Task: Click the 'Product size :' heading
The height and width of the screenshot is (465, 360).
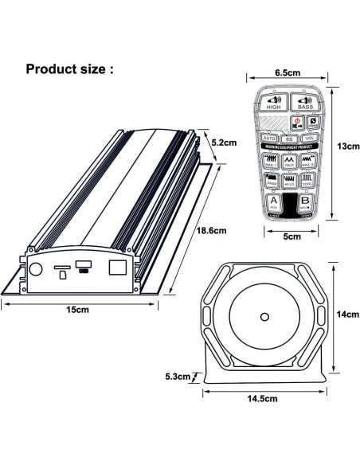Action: coord(70,68)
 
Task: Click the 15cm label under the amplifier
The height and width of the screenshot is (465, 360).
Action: coord(77,309)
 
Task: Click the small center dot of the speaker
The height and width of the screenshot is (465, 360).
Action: coord(263,317)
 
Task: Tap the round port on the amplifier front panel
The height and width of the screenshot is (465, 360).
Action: coord(35,269)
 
